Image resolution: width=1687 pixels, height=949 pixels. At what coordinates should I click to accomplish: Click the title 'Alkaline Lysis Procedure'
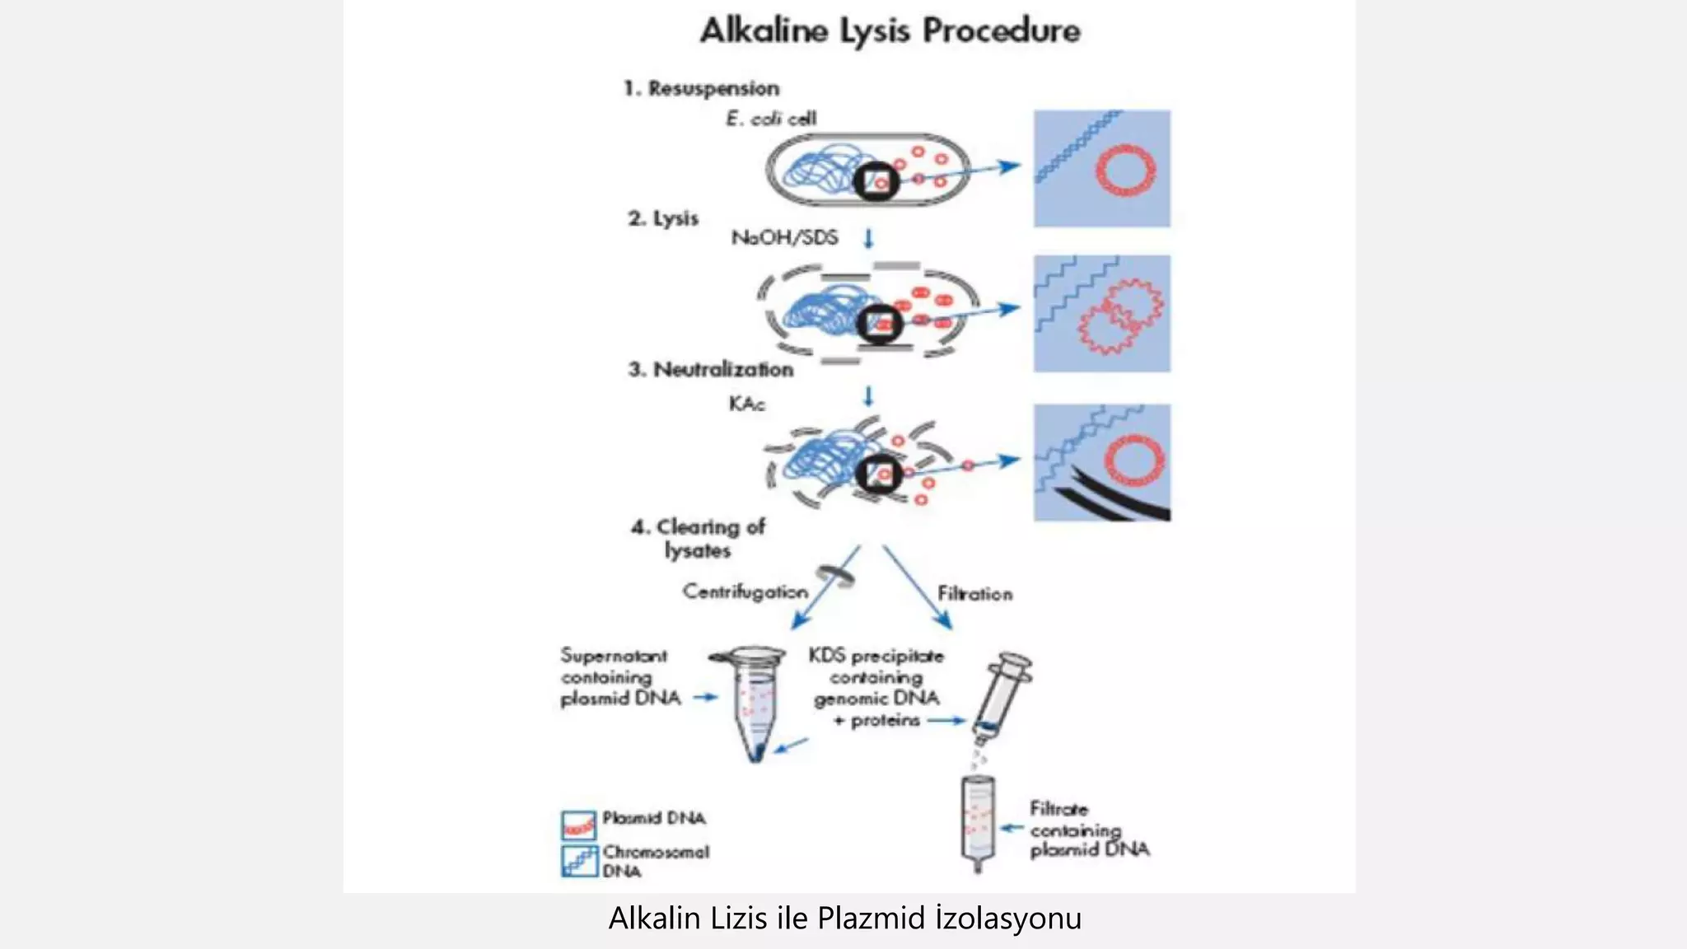pyautogui.click(x=890, y=31)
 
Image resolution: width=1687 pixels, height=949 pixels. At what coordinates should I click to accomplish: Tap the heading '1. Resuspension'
pyautogui.click(x=701, y=88)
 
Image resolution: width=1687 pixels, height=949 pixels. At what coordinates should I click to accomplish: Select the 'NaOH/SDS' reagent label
pyautogui.click(x=784, y=237)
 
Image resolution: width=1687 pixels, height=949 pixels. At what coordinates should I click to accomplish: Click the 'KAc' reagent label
pyautogui.click(x=746, y=404)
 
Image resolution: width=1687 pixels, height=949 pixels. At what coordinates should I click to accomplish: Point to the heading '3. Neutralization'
pyautogui.click(x=711, y=369)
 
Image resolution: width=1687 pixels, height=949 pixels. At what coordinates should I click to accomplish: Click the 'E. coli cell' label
pyautogui.click(x=770, y=119)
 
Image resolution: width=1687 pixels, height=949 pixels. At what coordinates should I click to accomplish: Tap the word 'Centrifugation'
pyautogui.click(x=745, y=591)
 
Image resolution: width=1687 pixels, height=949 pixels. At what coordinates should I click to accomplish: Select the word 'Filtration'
pyautogui.click(x=974, y=593)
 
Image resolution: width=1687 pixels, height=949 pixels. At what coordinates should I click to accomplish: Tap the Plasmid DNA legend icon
pyautogui.click(x=578, y=825)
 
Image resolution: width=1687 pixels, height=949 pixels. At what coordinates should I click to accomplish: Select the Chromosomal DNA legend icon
pyautogui.click(x=579, y=862)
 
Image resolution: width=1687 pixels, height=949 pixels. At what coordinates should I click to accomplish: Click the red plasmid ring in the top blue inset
pyautogui.click(x=1124, y=171)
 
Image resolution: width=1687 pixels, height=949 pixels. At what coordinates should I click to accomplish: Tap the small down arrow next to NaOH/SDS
pyautogui.click(x=868, y=238)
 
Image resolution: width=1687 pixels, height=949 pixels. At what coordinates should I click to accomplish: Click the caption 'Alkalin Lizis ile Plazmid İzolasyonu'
pyautogui.click(x=844, y=918)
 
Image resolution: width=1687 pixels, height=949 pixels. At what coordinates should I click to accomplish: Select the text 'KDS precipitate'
pyautogui.click(x=876, y=656)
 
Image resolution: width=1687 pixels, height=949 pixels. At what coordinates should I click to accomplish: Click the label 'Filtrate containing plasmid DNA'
pyautogui.click(x=1087, y=829)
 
